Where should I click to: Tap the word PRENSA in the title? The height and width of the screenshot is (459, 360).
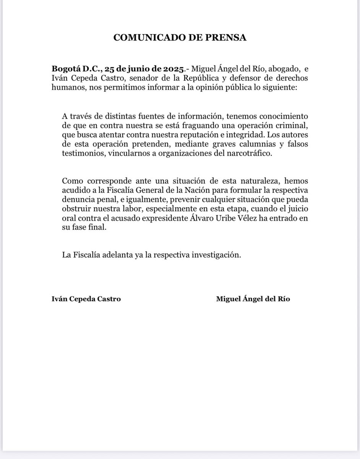pos(227,37)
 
